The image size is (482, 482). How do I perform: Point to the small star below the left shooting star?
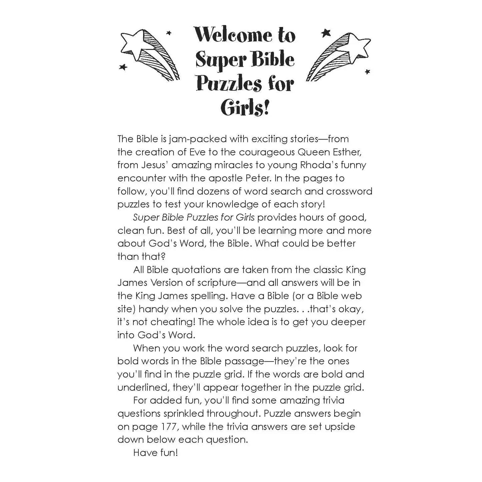123,67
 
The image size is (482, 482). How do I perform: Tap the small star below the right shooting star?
367,72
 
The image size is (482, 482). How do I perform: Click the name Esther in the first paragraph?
347,152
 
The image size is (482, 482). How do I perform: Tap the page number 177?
169,427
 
